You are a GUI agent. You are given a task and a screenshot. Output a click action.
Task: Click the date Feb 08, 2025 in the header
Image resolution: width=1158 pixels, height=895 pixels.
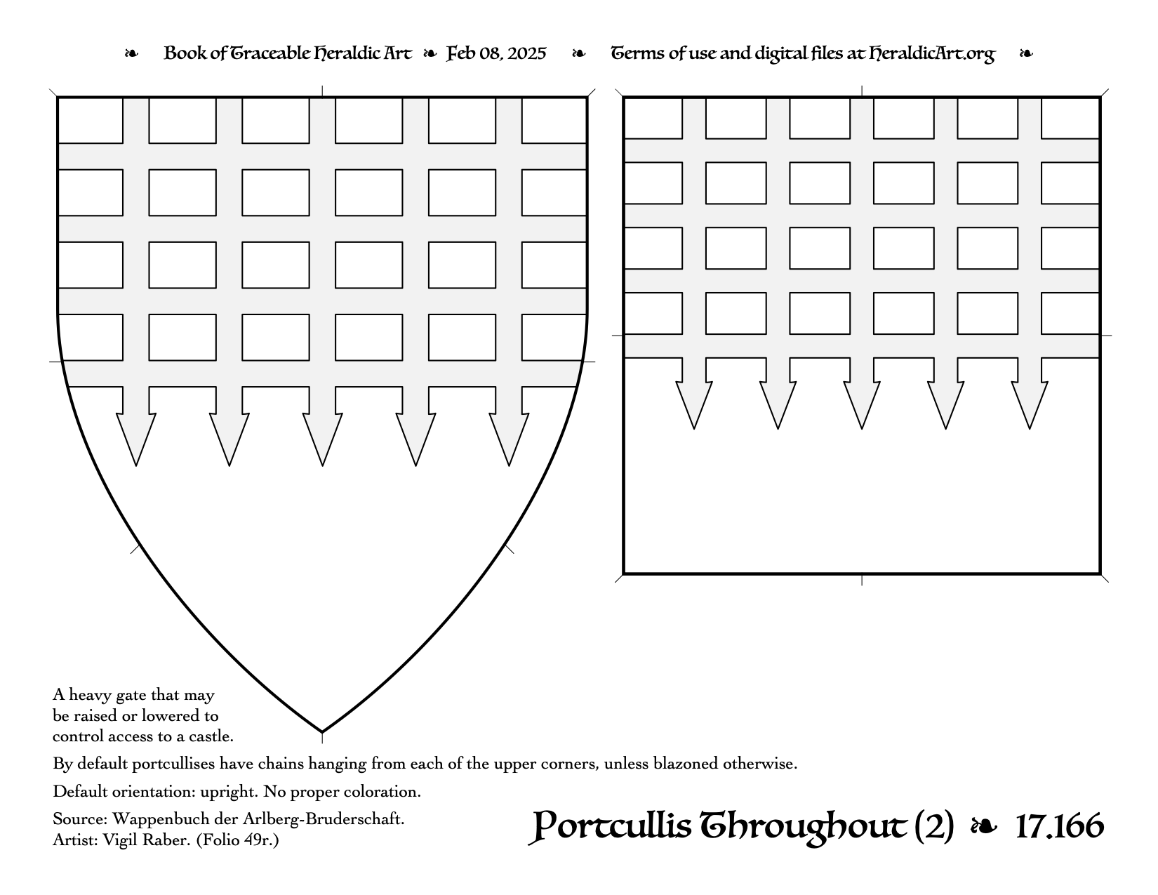(x=496, y=54)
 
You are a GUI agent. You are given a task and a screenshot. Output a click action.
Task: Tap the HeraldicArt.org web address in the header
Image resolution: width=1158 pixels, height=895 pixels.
(x=932, y=54)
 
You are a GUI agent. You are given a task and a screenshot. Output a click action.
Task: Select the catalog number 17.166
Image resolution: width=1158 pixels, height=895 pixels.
(x=1060, y=826)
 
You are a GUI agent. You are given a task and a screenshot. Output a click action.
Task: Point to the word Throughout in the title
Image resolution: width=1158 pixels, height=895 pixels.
(x=803, y=828)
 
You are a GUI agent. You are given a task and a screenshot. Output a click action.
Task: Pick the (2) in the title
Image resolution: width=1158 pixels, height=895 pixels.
(x=933, y=827)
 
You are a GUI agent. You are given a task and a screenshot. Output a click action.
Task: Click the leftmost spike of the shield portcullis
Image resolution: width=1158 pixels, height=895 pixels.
(x=136, y=439)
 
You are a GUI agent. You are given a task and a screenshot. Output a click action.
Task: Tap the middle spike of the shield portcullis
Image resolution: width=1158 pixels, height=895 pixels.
(x=322, y=439)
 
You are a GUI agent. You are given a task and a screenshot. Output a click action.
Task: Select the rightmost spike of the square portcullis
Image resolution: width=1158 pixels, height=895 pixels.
(x=1030, y=404)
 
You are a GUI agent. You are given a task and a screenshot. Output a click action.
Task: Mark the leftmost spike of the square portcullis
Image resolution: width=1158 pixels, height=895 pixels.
(x=694, y=404)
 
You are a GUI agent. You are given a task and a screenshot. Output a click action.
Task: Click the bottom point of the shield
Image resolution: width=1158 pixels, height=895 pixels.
(x=322, y=732)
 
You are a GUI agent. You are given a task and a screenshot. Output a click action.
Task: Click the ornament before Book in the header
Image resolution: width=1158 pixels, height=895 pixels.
(x=131, y=53)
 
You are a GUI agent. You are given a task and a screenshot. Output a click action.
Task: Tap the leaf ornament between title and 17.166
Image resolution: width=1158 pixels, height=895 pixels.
(x=984, y=826)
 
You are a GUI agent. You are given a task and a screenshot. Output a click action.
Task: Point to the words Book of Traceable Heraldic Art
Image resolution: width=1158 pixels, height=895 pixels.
(x=288, y=54)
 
